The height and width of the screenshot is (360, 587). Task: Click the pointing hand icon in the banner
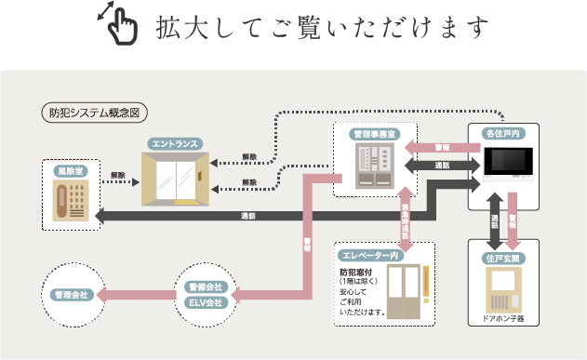119,25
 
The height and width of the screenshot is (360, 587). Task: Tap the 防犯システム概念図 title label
96,113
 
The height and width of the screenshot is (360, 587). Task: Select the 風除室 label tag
70,171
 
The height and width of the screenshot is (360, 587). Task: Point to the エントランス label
175,144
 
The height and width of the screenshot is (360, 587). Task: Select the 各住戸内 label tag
501,134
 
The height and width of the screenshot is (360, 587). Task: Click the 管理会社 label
70,294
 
